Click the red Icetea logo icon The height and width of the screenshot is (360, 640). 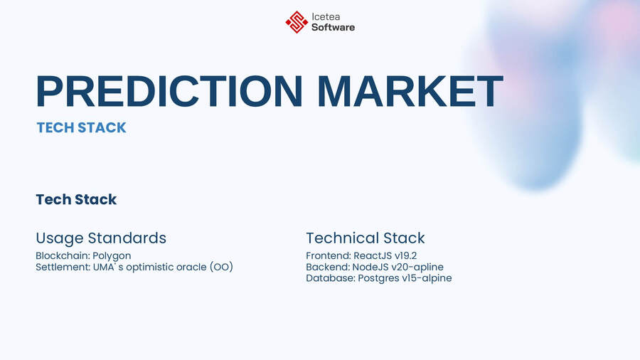point(297,22)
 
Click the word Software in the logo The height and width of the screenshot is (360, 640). point(333,28)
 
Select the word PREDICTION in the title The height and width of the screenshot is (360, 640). point(169,92)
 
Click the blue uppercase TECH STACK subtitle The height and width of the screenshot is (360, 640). point(81,128)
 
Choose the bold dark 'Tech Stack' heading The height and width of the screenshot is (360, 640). point(76,200)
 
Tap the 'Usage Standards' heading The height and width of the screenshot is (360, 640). point(101,238)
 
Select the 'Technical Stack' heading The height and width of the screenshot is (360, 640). point(366,238)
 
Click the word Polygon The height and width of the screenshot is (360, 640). point(112,255)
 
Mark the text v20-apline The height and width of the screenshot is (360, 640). point(420,267)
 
